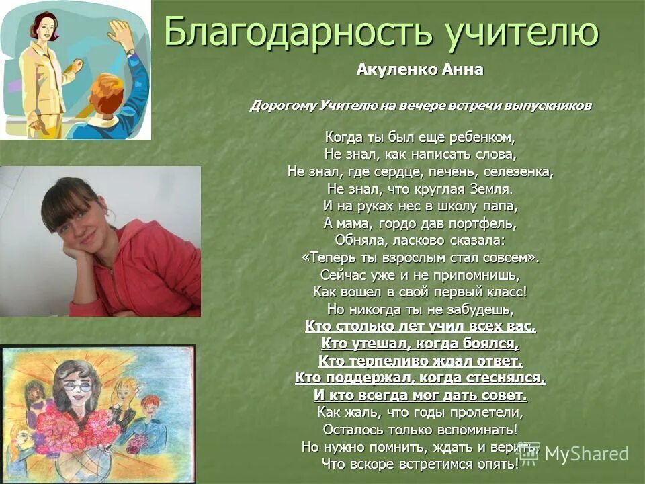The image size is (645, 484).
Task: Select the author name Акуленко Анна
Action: [x=420, y=70]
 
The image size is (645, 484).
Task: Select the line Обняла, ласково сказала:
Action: [x=420, y=239]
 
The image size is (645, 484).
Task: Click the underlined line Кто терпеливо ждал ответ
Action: [x=420, y=360]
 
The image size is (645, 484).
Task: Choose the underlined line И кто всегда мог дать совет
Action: [x=420, y=395]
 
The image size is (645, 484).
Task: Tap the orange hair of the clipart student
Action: [x=106, y=91]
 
